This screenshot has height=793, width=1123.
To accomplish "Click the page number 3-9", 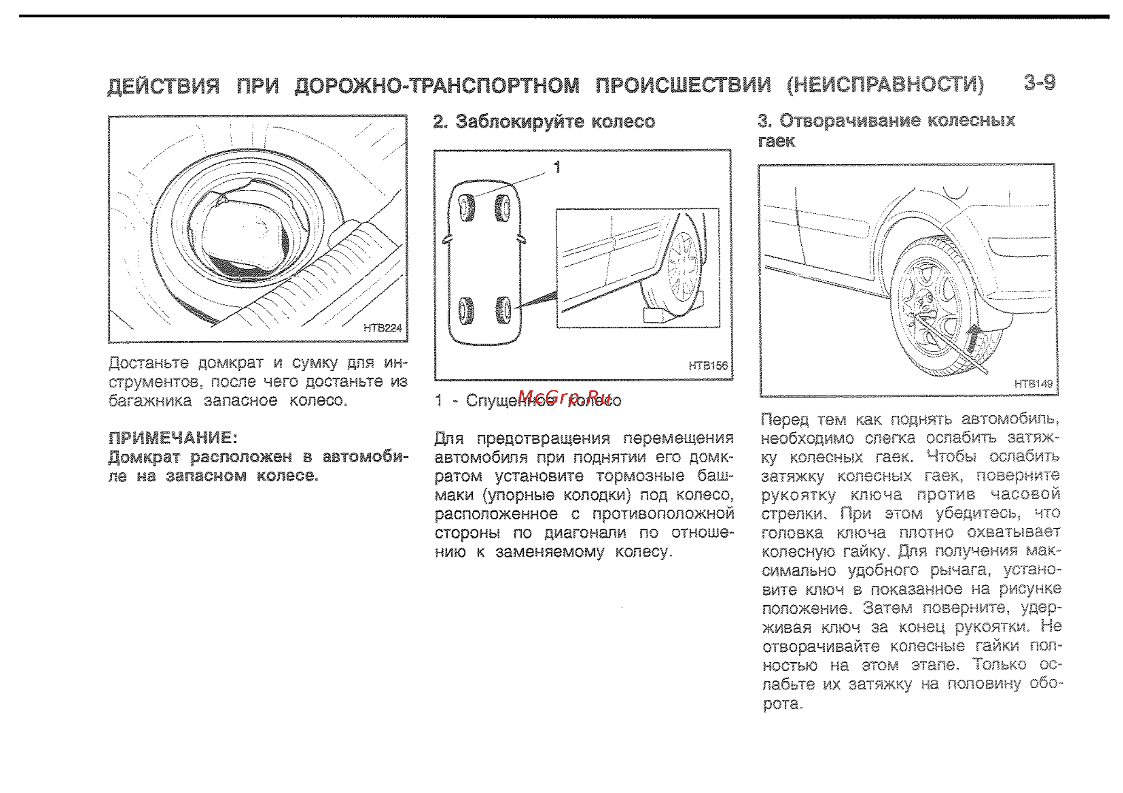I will coord(1040,83).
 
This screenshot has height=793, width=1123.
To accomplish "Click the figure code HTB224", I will coord(382,328).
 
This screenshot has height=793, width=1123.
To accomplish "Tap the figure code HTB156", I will coord(708,365).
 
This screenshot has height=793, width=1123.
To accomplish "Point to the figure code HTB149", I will coord(1033,384).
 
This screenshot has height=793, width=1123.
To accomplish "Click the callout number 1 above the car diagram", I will coord(557,167).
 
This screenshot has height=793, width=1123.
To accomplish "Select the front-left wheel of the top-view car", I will coord(466,207).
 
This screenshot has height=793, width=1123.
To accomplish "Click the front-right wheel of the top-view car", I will coord(503,207).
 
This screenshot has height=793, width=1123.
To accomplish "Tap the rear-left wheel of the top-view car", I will coord(466,311).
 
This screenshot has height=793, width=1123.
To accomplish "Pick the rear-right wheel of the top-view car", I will coord(504,310).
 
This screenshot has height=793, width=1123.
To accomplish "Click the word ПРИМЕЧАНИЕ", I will coord(172,438).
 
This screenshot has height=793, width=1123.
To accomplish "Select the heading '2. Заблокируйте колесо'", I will coord(544,121).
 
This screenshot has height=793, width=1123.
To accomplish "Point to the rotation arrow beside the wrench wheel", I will coord(974,338).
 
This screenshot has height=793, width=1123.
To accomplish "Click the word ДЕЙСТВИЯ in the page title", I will coord(163,86).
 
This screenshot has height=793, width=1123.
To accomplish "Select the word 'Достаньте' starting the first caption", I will coord(148,363).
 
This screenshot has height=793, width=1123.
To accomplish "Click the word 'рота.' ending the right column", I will coord(783,704).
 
